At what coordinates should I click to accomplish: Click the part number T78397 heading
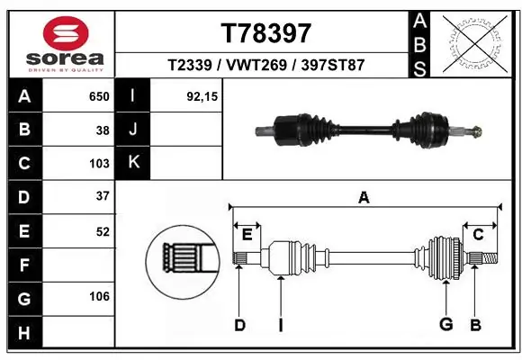tap(265, 33)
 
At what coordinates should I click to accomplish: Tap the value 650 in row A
tap(99, 95)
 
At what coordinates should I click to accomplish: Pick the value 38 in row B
tap(103, 130)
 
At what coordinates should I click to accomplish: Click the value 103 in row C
tap(99, 164)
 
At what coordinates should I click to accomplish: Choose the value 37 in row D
tap(103, 196)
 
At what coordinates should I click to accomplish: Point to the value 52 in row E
tap(103, 230)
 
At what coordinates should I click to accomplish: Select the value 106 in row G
tap(99, 295)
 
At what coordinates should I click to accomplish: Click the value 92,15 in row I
tap(202, 95)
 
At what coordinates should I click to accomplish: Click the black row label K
tap(132, 163)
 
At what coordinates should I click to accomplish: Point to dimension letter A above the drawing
tap(364, 197)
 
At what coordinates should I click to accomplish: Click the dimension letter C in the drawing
tap(478, 234)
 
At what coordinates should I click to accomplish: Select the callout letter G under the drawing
tap(445, 325)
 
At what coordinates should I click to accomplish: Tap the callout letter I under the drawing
tap(280, 325)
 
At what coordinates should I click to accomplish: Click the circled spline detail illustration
tap(183, 262)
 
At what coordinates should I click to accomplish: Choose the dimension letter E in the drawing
tap(247, 234)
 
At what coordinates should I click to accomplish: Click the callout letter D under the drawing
tap(239, 325)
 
